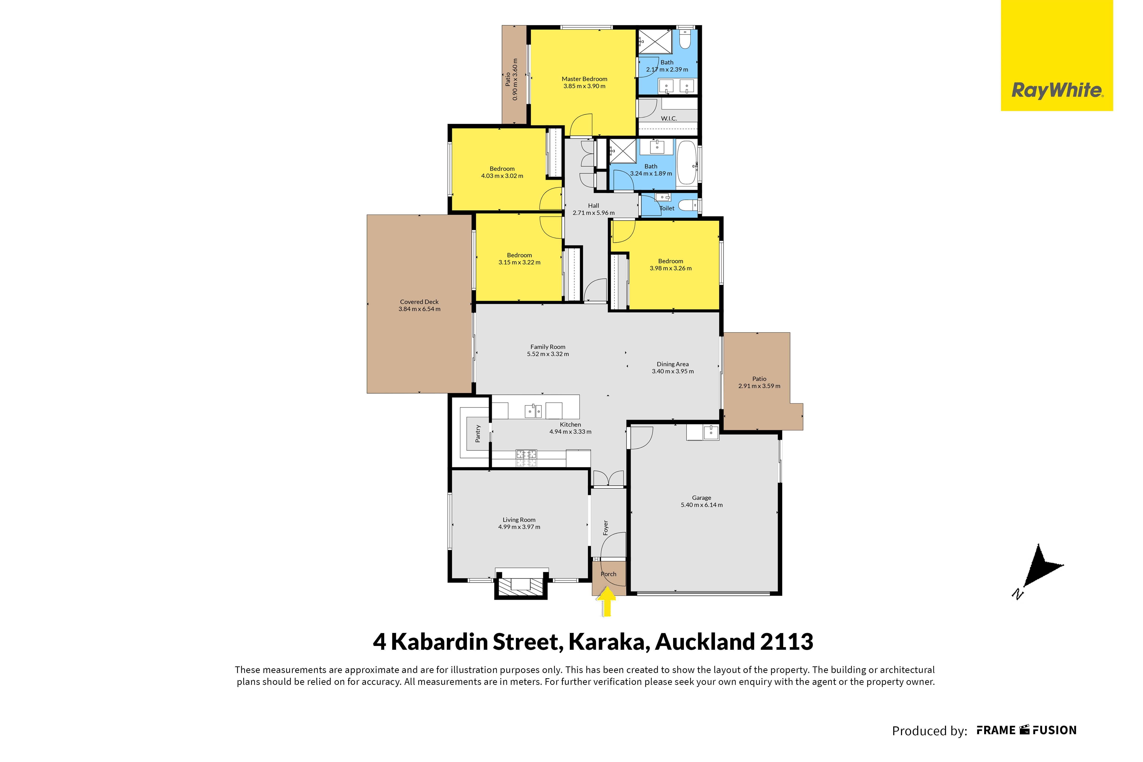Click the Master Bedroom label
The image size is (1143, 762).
(x=584, y=79)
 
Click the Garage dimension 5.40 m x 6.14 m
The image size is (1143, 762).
(x=702, y=505)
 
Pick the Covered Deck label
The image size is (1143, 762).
(x=419, y=302)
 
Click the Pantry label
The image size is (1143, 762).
(x=478, y=434)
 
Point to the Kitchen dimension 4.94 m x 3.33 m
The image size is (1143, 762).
(x=570, y=431)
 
